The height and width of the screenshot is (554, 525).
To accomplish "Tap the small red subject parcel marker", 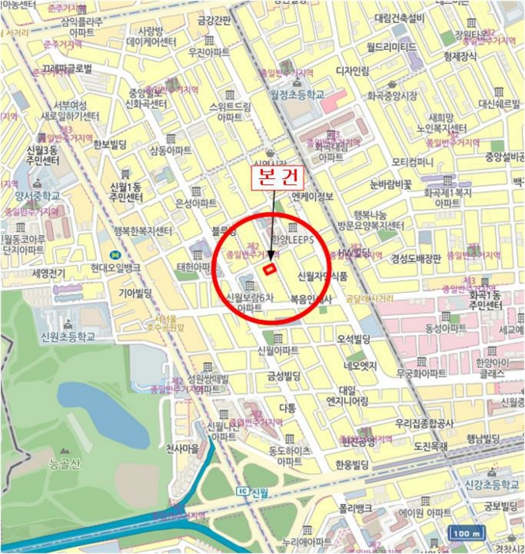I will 270,268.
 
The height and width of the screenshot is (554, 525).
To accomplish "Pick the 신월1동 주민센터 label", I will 125,192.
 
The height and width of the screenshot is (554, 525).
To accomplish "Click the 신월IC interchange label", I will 253,491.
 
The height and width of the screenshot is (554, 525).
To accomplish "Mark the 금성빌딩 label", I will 283,375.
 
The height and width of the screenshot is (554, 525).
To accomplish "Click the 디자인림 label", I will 352,70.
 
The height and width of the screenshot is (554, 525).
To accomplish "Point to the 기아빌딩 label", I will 135,293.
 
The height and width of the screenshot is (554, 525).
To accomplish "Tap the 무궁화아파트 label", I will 421,372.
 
